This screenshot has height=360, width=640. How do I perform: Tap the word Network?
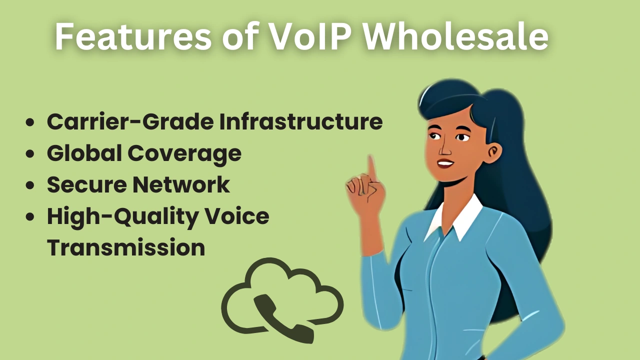coord(180,184)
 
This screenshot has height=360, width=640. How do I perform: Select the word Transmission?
coord(126,247)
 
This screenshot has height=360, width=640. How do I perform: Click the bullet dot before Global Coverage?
coord(31,154)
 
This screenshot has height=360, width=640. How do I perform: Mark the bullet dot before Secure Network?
coord(31,185)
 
